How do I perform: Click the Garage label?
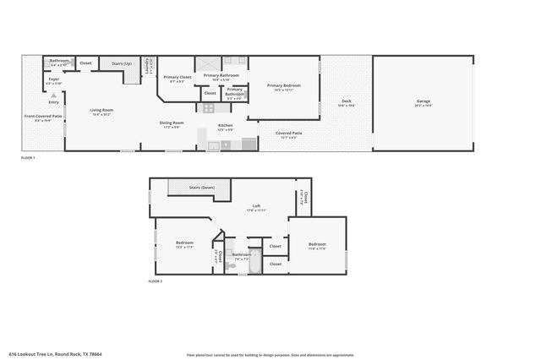(423, 101)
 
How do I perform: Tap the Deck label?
(347, 101)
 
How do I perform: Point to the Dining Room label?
(172, 123)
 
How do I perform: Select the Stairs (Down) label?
(201, 188)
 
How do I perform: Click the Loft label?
(257, 206)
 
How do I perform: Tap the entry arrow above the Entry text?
(53, 96)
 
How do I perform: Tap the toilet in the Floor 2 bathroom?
(230, 265)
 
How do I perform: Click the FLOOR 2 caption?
(155, 281)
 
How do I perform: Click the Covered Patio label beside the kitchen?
(288, 134)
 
